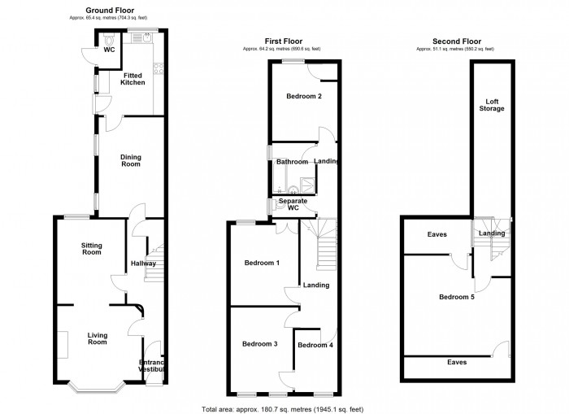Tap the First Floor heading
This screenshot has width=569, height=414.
click(282, 41)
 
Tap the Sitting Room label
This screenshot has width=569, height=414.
click(91, 248)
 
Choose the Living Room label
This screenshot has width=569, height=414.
click(98, 338)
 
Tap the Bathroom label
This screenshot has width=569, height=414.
click(292, 162)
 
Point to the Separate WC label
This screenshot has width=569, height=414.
click(293, 204)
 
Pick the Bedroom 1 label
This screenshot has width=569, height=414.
click(261, 263)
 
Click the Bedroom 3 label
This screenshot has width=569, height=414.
click(260, 344)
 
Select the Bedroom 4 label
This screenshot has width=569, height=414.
click(315, 345)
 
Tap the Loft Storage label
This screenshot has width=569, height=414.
click(490, 105)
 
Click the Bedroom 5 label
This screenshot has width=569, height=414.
click(456, 297)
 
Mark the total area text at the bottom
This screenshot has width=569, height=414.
click(284, 407)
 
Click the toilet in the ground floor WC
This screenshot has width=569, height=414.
click(110, 39)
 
